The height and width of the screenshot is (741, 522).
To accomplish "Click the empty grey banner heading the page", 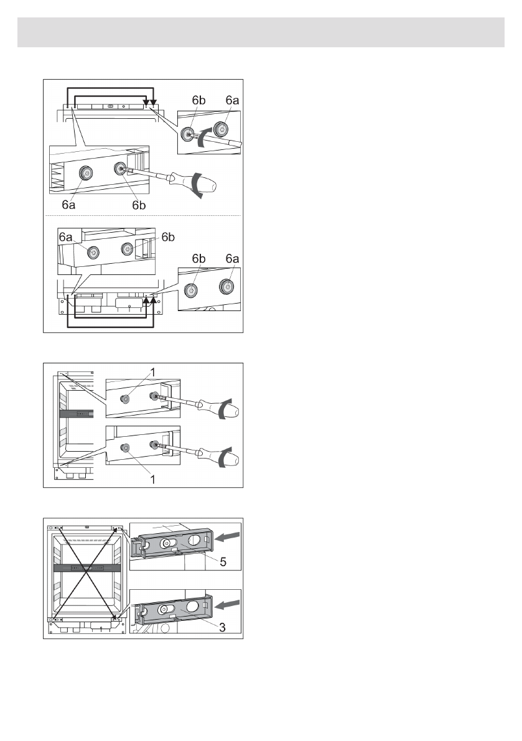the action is coord(261,32).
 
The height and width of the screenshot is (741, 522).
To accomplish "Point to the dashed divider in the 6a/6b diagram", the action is coord(143,215).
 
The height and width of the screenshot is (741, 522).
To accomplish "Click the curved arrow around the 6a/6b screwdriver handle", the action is coord(197,185).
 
